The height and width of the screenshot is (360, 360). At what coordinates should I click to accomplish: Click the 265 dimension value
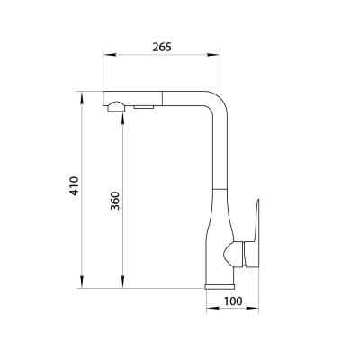click(162, 47)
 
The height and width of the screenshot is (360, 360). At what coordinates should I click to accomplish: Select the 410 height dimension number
click(74, 186)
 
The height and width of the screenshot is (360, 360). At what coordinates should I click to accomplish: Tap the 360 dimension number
click(115, 201)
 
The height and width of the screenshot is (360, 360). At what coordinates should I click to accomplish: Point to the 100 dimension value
click(233, 301)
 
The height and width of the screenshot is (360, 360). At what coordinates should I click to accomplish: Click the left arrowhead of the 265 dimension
click(110, 55)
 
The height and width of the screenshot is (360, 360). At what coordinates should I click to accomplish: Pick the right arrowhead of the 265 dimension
click(213, 55)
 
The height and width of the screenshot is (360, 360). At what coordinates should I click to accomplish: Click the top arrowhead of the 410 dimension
click(82, 98)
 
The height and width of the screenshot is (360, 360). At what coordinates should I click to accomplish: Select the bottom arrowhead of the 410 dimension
click(82, 282)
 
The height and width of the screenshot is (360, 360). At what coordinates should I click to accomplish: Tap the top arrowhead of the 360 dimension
click(122, 118)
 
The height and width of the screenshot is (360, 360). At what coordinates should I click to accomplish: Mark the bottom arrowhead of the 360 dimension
click(122, 282)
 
